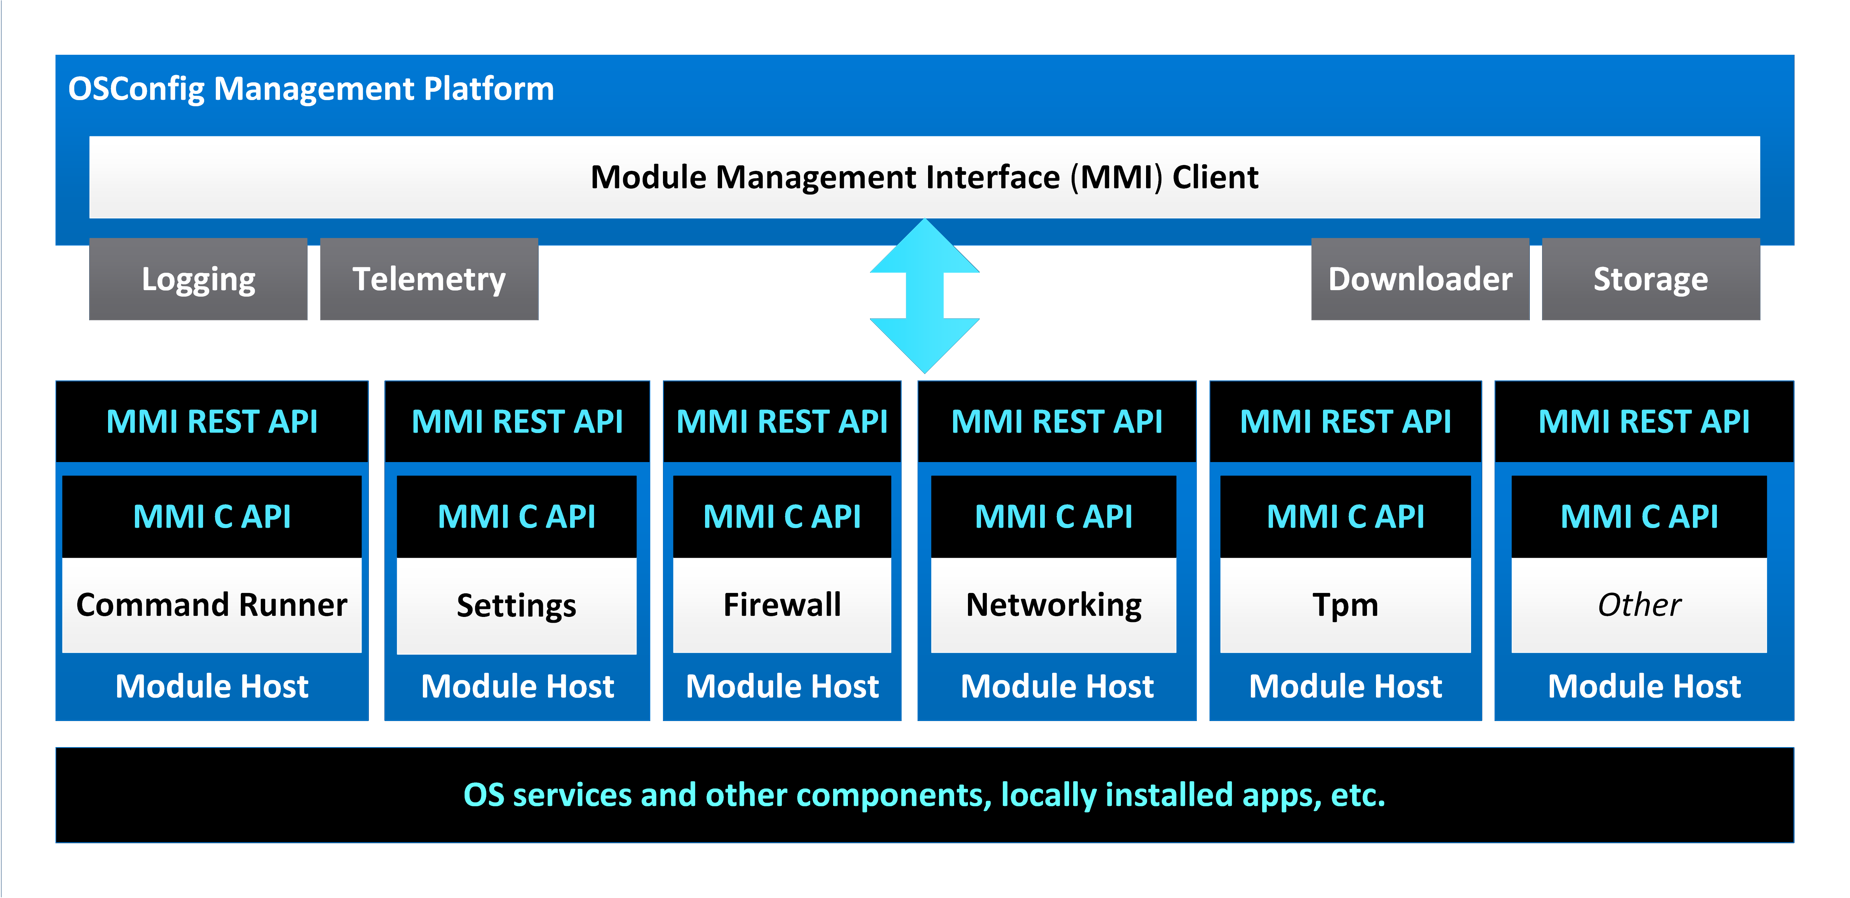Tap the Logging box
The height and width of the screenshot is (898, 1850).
(198, 279)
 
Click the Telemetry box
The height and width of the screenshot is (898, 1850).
(429, 279)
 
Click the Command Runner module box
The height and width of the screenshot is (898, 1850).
(212, 605)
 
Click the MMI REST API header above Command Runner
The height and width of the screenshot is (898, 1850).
(212, 422)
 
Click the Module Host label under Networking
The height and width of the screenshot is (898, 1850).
(1056, 686)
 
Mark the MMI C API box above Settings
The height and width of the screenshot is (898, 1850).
(516, 516)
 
